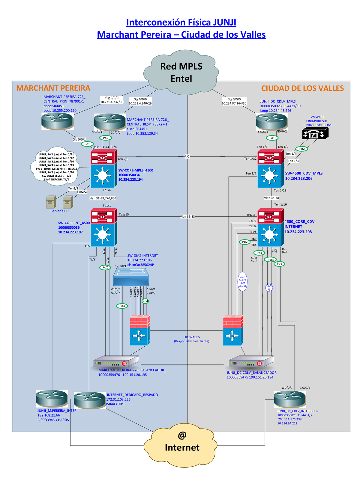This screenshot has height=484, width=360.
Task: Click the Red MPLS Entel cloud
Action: point(181,72)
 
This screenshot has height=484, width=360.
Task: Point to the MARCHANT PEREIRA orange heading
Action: point(53,88)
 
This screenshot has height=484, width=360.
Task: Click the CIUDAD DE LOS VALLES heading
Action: point(302,88)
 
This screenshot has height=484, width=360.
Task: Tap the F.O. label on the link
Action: point(187,156)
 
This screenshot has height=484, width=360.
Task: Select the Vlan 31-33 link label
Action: point(187,216)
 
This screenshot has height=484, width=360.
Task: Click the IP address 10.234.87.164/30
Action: point(234,103)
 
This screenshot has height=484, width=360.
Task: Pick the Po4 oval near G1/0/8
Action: point(145,301)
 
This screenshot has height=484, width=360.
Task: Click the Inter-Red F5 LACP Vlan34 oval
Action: point(242,282)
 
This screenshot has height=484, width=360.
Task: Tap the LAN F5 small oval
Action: point(269,288)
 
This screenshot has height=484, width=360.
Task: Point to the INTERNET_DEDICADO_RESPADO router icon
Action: point(89,400)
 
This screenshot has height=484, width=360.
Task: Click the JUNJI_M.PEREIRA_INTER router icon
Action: point(52,399)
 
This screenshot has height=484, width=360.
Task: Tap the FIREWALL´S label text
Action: point(191,337)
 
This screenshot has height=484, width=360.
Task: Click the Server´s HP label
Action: point(59,211)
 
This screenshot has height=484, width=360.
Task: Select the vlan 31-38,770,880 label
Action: point(103,198)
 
